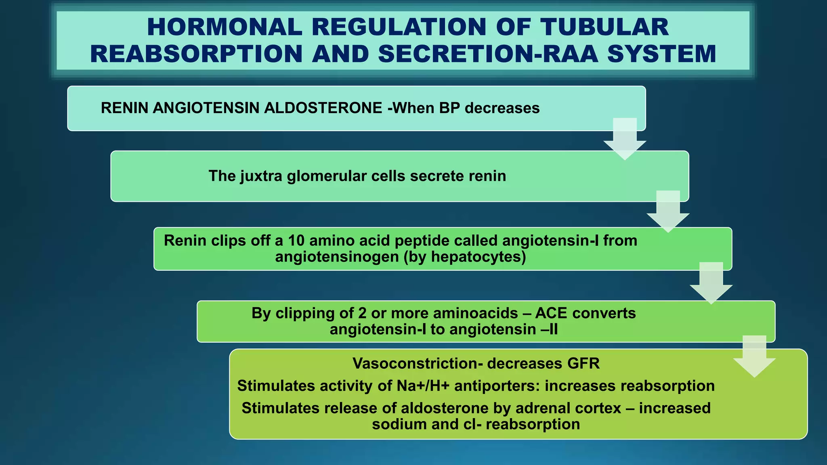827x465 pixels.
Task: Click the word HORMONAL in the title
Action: [225, 27]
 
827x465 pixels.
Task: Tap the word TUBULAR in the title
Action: [605, 27]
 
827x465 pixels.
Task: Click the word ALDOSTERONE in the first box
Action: [323, 108]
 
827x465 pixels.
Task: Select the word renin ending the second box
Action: [487, 176]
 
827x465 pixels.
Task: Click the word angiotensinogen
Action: [337, 257]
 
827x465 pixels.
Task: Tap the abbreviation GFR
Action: [583, 364]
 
